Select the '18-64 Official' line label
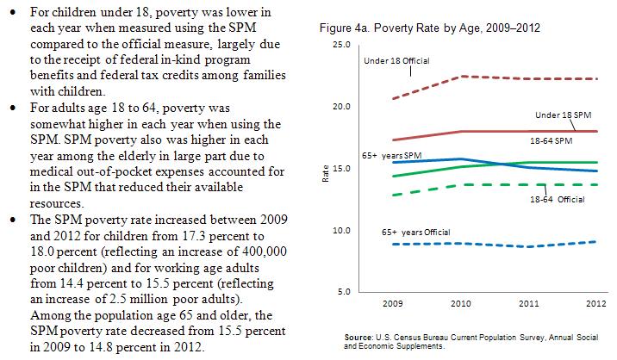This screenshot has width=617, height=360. click(x=557, y=200)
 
